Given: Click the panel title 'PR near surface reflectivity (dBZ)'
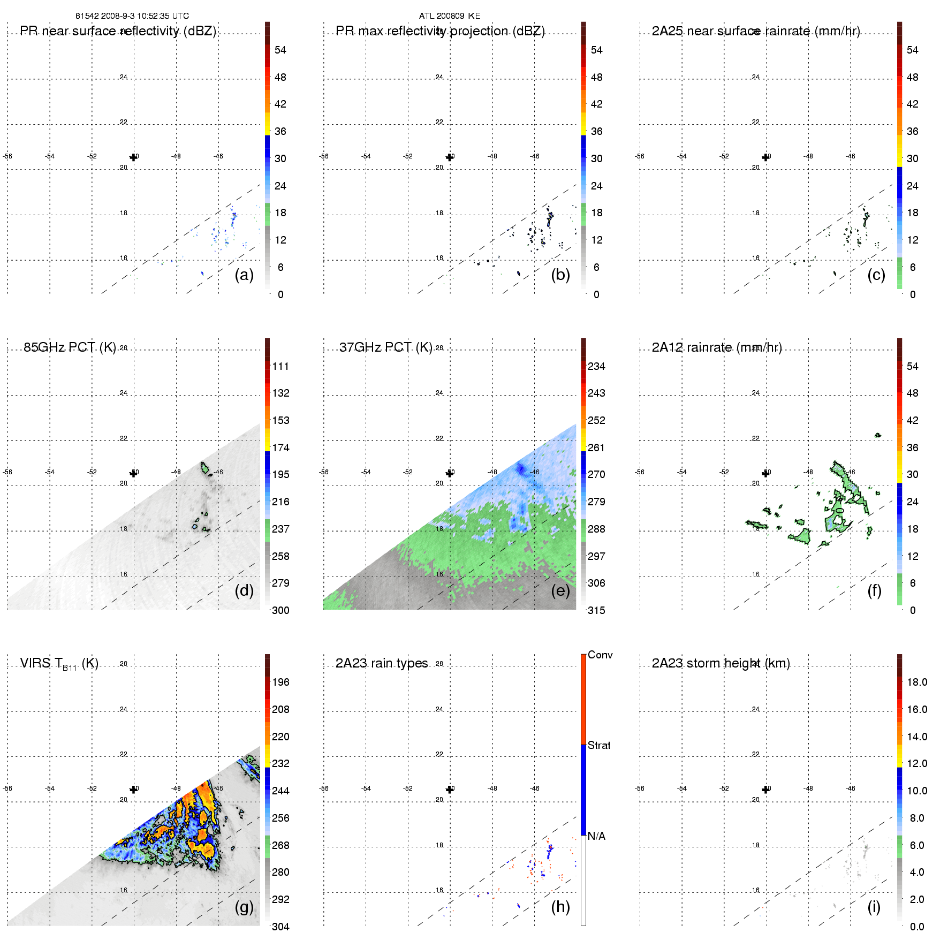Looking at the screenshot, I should coord(118,31).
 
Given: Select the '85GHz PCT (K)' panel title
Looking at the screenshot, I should coord(70,347).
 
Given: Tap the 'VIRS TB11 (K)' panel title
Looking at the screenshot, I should coord(59,664).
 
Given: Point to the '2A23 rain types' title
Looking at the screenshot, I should coord(381,663).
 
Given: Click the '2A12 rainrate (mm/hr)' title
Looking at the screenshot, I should coord(716,347).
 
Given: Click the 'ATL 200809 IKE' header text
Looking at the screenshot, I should coord(449,16).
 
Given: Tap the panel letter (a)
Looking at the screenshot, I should coord(244,275).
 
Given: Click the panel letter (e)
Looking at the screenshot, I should coord(560,591).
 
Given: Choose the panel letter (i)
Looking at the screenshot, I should coord(874,907).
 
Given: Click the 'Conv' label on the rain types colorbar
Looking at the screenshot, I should coord(600,655).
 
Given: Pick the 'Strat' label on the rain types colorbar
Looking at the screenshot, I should coord(599,745).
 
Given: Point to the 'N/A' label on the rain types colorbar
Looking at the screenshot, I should coord(596,836).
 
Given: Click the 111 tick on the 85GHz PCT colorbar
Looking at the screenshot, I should coord(280,366).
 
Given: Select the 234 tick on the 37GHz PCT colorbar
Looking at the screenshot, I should coord(596,366).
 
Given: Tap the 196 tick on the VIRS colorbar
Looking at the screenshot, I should coord(280,682).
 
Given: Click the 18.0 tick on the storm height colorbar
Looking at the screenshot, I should coord(916,682).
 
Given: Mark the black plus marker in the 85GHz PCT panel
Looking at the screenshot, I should coord(133,473).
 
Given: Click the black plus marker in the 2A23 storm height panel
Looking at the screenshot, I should coord(765,790).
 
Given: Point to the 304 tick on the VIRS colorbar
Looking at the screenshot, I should coord(280,927).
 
